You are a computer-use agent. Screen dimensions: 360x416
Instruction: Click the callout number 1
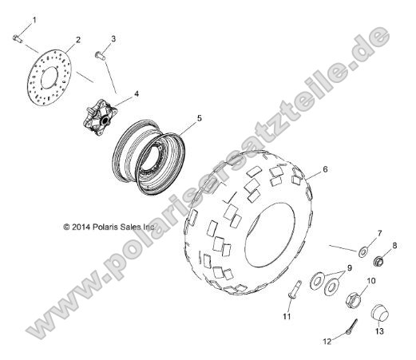tap(22, 18)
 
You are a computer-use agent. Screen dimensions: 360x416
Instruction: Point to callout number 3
tap(113, 38)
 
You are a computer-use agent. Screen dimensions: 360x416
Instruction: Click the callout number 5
tap(200, 118)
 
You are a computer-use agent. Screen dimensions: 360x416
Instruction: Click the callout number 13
tap(380, 330)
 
